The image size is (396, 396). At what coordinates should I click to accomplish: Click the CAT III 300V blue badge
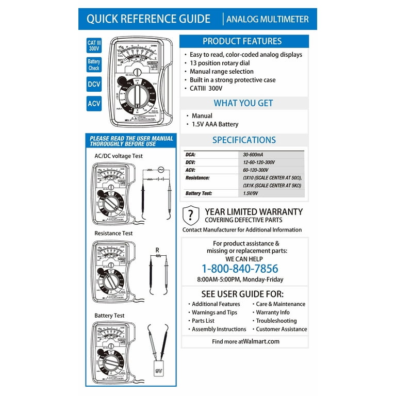pos(93,46)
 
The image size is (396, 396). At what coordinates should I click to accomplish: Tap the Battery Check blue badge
pos(93,64)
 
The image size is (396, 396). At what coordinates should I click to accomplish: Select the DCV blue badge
pos(93,84)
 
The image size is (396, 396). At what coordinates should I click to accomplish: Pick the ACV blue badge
pos(93,104)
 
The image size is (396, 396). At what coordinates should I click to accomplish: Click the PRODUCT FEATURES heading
pos(242,41)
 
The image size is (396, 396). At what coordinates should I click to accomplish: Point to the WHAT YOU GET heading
pos(243,103)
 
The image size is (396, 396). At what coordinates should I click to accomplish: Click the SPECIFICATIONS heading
pos(244,140)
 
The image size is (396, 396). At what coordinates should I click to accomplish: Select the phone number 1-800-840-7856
pos(239,269)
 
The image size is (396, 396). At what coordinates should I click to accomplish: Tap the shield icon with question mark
pos(191,214)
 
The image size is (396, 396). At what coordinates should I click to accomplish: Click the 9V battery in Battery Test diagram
pos(158,370)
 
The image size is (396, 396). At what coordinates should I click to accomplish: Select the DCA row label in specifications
pos(191,154)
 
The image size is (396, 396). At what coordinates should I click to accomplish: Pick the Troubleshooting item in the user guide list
pos(276,321)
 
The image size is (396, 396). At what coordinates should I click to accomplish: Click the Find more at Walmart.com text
pos(245,341)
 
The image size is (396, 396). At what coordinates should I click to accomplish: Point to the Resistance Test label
pos(113,233)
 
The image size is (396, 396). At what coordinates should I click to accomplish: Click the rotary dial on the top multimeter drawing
pos(137,96)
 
